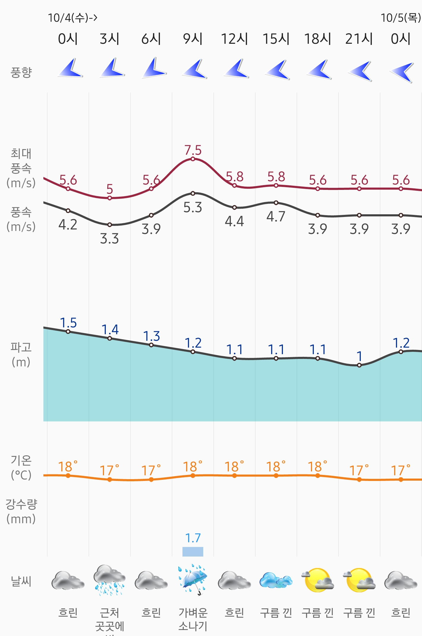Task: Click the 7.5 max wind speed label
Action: [193, 150]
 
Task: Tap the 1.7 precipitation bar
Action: [193, 551]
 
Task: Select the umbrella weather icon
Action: [193, 579]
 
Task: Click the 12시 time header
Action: [234, 39]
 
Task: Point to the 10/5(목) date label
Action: [401, 18]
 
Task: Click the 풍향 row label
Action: [21, 72]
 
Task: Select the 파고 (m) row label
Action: [21, 354]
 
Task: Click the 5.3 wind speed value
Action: [193, 207]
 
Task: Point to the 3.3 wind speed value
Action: [109, 239]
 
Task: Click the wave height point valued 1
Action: [359, 365]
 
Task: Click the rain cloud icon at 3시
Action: [109, 580]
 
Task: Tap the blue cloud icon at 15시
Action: [276, 580]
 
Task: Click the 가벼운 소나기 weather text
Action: [193, 619]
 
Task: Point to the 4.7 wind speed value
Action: [276, 217]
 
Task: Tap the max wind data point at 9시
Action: [193, 159]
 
